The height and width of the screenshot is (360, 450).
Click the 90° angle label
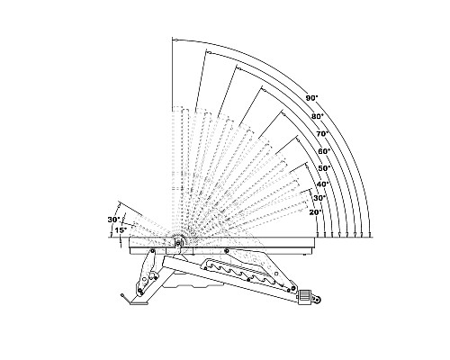[x=312, y=98]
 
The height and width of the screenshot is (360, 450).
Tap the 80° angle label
[x=318, y=116]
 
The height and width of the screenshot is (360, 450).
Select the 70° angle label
[x=323, y=134]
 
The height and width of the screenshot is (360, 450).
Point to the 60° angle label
[x=324, y=151]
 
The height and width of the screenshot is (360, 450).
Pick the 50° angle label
[x=324, y=168]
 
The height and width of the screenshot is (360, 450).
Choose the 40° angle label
[x=323, y=184]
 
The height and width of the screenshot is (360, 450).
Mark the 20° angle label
[x=316, y=212]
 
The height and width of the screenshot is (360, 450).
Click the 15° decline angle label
[x=121, y=230]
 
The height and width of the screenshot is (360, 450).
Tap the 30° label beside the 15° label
[x=114, y=220]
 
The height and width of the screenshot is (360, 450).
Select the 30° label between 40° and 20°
[x=319, y=198]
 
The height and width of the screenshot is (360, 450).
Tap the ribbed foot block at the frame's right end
[x=304, y=297]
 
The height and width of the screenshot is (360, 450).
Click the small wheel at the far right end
[x=317, y=299]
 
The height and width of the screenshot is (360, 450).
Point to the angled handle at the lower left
[x=126, y=299]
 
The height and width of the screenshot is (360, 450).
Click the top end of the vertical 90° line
[x=173, y=38]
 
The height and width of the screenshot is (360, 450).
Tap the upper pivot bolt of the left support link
[x=152, y=251]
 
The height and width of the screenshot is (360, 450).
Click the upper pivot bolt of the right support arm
[x=227, y=250]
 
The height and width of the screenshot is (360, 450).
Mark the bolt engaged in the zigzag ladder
[x=248, y=280]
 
